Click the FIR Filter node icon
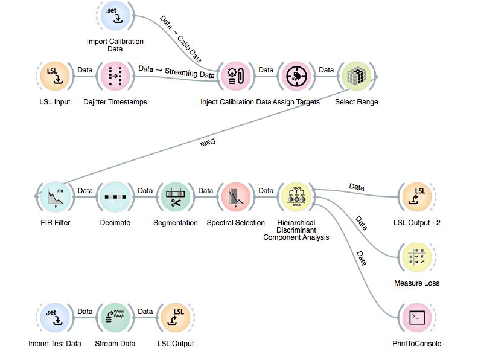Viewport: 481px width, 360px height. (55, 196)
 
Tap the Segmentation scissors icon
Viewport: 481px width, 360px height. (176, 196)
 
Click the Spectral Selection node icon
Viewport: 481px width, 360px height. (236, 196)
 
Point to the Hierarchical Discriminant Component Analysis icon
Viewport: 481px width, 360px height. (296, 196)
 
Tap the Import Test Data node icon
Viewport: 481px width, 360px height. (55, 317)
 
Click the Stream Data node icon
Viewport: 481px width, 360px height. (115, 317)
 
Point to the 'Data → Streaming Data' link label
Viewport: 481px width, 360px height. (176, 72)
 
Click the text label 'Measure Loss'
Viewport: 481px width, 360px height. (417, 283)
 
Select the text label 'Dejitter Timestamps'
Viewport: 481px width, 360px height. (115, 102)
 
